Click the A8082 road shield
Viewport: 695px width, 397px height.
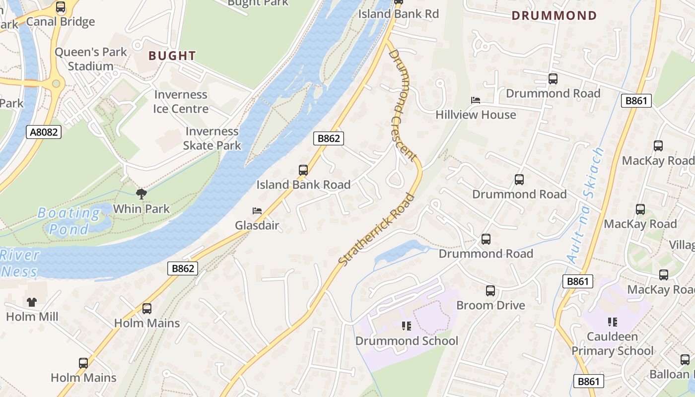coord(44,132)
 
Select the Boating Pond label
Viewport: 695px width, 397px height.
coord(69,221)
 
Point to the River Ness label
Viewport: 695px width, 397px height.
coord(20,264)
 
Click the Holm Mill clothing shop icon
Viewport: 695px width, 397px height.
coord(32,302)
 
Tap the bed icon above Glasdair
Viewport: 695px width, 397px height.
coord(257,211)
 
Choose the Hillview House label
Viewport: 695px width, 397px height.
coord(476,115)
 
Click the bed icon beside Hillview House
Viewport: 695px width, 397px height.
coord(476,100)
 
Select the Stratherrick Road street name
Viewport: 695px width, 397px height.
coord(377,229)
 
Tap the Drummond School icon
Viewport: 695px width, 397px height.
coord(407,326)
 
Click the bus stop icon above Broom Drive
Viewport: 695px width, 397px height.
coord(490,291)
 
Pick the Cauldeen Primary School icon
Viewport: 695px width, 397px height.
coord(613,322)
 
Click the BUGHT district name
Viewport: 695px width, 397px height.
coord(172,56)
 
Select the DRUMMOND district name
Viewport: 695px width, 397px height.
coord(554,15)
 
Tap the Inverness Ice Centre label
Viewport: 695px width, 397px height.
coord(181,101)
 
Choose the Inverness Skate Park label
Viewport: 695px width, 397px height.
coord(212,138)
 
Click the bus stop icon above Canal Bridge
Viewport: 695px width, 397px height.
coord(61,7)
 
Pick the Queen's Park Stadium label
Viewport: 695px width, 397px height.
coord(91,59)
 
